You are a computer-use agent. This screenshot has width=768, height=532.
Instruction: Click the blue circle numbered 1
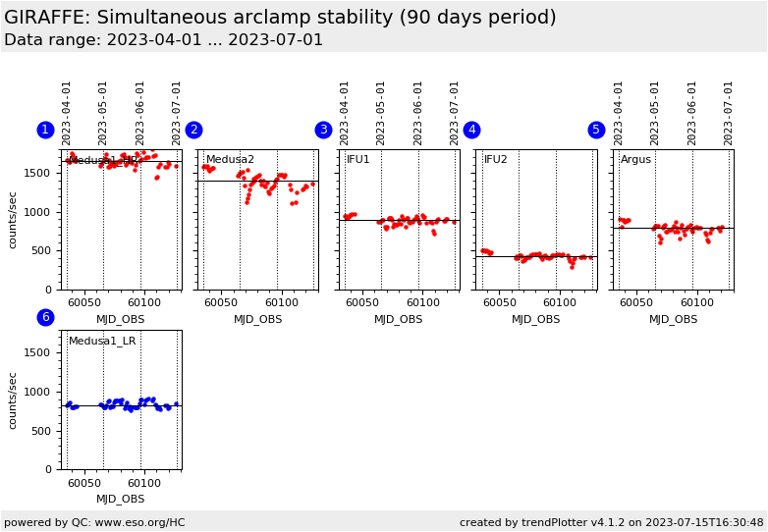click(45, 130)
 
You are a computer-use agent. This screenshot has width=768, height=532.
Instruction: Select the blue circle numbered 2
click(193, 130)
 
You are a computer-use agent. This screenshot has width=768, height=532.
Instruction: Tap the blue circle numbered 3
click(323, 130)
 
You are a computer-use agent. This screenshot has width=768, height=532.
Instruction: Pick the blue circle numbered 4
click(471, 130)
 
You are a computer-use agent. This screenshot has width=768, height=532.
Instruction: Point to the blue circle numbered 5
click(596, 130)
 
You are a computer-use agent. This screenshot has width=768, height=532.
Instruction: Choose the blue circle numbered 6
click(45, 317)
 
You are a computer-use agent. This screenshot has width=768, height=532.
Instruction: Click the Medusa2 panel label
click(230, 160)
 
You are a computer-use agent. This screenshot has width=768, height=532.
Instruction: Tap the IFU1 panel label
click(358, 160)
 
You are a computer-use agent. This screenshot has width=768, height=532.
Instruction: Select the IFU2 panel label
click(496, 160)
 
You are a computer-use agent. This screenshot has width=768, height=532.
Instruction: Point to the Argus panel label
click(635, 160)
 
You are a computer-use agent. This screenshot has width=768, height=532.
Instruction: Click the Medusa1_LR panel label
click(102, 342)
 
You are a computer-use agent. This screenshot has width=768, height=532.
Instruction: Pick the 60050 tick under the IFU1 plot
click(360, 303)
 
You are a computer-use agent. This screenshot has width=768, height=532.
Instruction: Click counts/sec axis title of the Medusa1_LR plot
click(13, 400)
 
